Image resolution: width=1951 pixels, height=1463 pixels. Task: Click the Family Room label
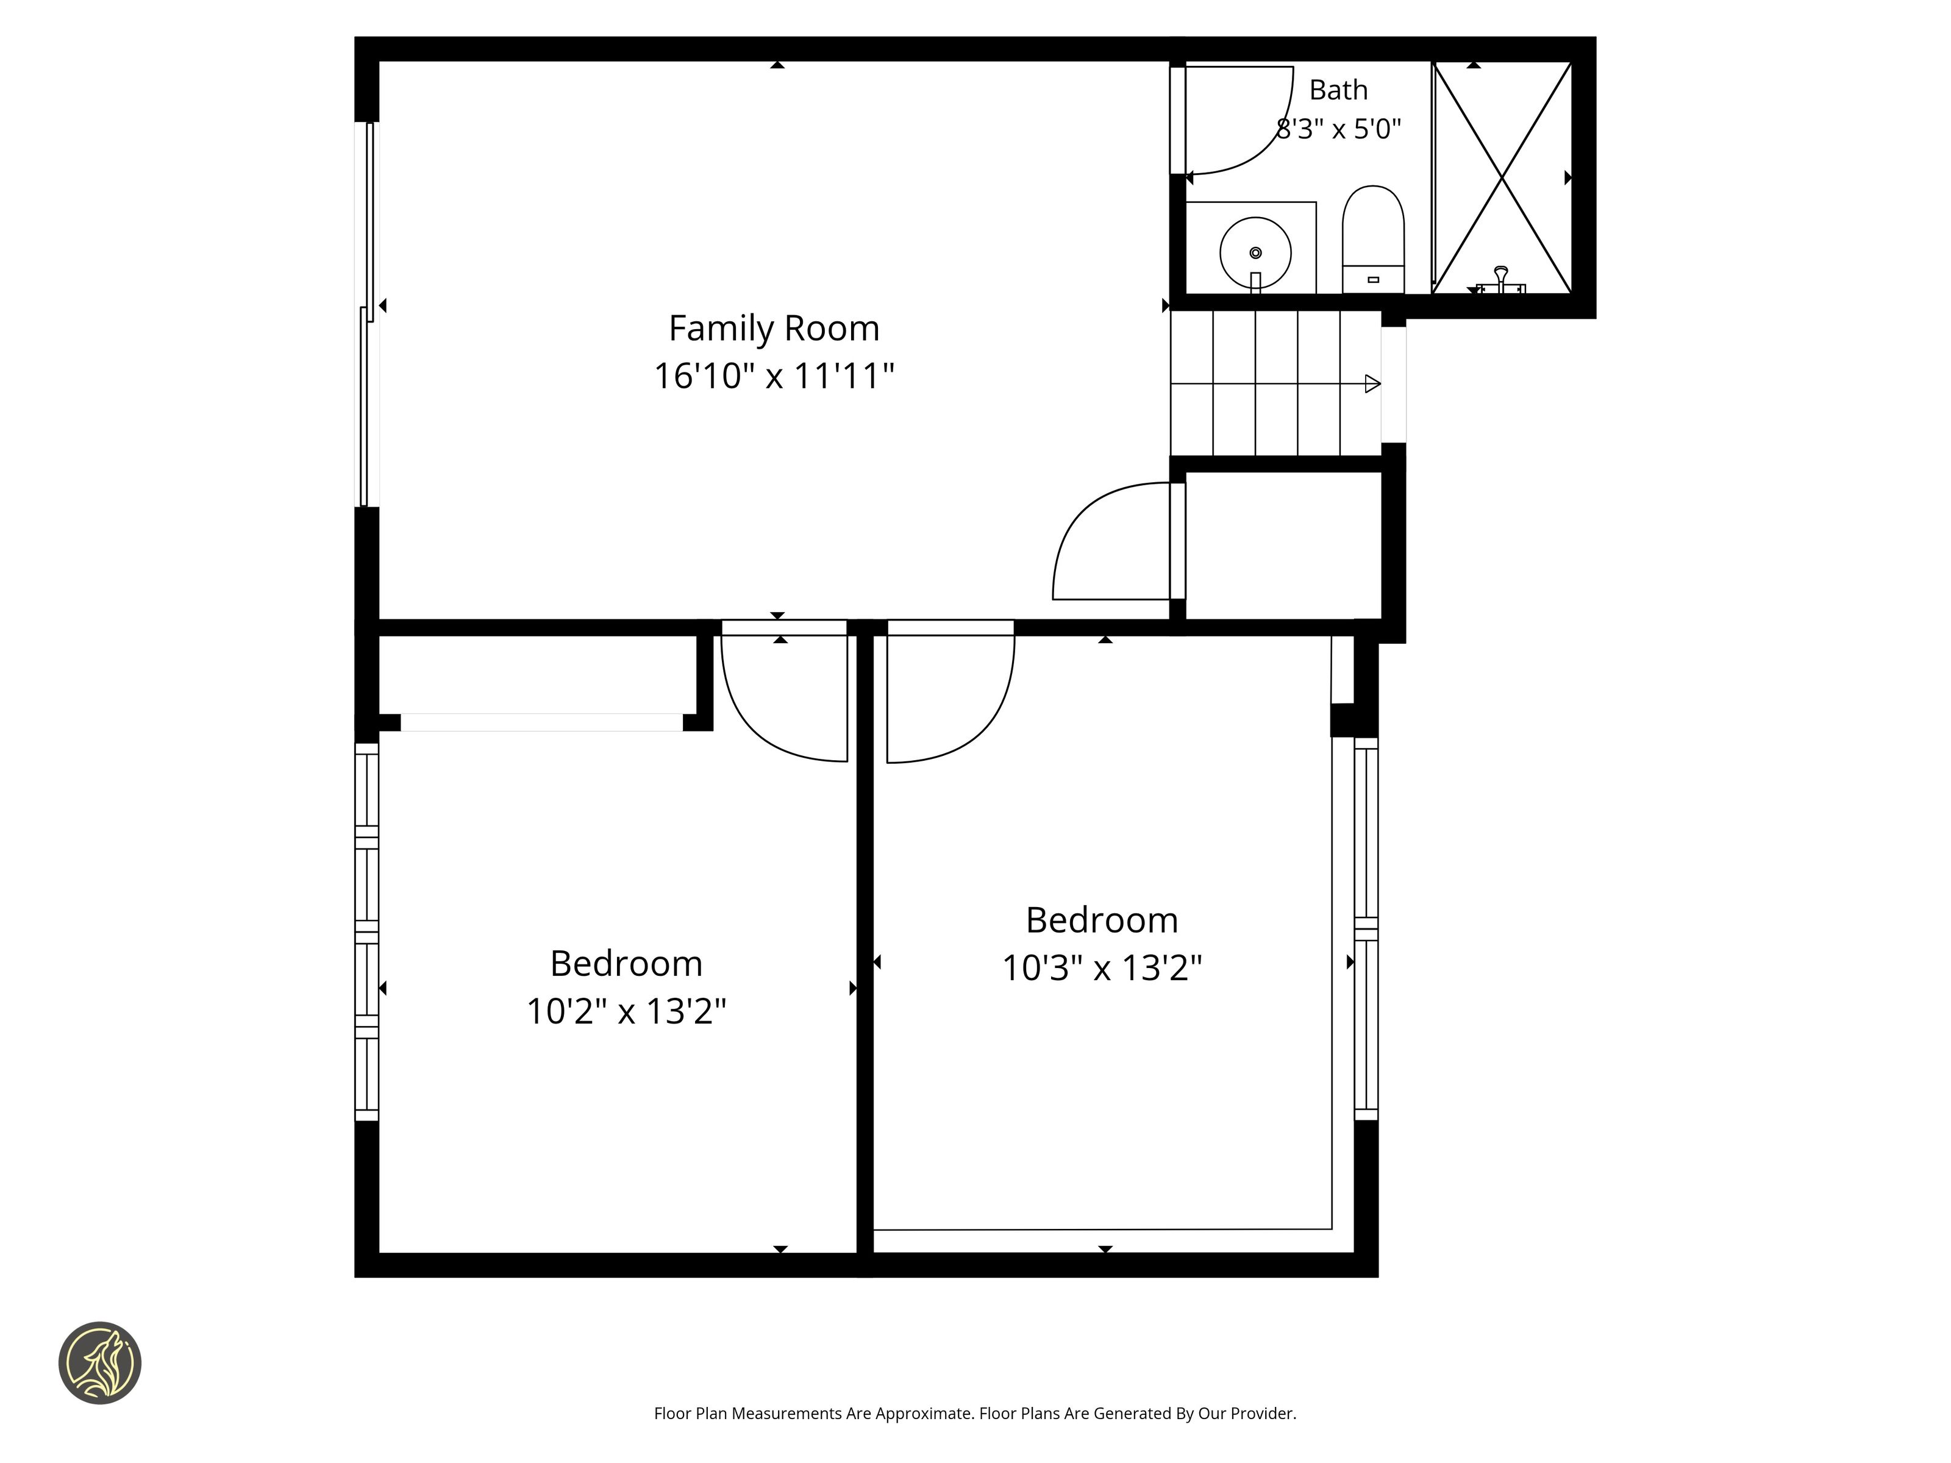(x=774, y=329)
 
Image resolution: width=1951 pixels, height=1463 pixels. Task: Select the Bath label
(x=1338, y=90)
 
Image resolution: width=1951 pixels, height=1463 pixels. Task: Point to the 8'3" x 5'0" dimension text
(x=1338, y=130)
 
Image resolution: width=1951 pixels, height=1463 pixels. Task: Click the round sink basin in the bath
(x=1255, y=253)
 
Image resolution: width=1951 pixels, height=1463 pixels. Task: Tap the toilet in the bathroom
(x=1373, y=239)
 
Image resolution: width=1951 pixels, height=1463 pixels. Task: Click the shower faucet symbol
(x=1500, y=280)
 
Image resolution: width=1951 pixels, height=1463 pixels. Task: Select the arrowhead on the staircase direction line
(x=1372, y=383)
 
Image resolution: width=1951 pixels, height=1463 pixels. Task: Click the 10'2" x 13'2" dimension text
(x=626, y=1011)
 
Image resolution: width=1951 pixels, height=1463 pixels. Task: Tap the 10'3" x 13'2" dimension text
(x=1102, y=968)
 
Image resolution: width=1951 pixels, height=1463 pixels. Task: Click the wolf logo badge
(x=99, y=1362)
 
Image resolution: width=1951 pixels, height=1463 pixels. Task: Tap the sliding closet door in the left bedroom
(x=541, y=722)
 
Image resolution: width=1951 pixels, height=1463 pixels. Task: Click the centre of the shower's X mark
(x=1502, y=178)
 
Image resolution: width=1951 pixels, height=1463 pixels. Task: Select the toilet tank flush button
(x=1372, y=280)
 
